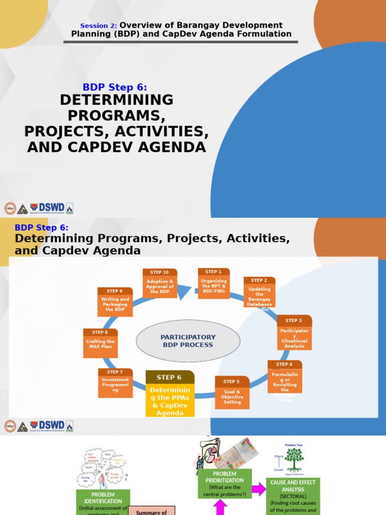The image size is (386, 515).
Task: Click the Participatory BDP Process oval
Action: tap(188, 341)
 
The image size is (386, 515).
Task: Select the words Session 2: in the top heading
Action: tap(99, 26)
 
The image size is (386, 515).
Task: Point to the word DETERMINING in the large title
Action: tap(117, 100)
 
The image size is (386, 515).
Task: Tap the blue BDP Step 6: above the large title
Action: tap(115, 87)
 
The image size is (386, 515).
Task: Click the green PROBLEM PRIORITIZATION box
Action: tap(224, 484)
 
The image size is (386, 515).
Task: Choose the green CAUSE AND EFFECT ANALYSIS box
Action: tap(293, 496)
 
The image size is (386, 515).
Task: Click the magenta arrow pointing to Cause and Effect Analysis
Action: tap(259, 488)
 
